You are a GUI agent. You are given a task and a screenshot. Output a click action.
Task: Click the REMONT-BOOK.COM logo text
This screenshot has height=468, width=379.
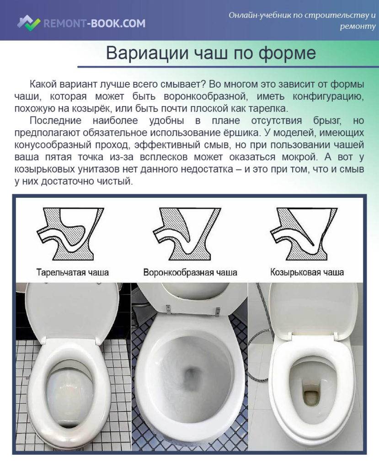[94, 23]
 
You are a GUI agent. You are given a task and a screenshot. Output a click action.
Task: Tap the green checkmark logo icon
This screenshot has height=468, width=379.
[29, 23]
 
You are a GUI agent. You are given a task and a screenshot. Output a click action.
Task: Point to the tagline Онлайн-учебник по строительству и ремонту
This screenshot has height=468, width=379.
[302, 20]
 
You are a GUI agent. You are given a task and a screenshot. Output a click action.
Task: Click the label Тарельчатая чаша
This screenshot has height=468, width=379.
[73, 272]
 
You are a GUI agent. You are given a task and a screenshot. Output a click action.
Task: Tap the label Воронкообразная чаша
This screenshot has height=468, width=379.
[190, 272]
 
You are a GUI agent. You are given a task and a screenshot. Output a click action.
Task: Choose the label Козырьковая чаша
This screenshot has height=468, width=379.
[307, 272]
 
